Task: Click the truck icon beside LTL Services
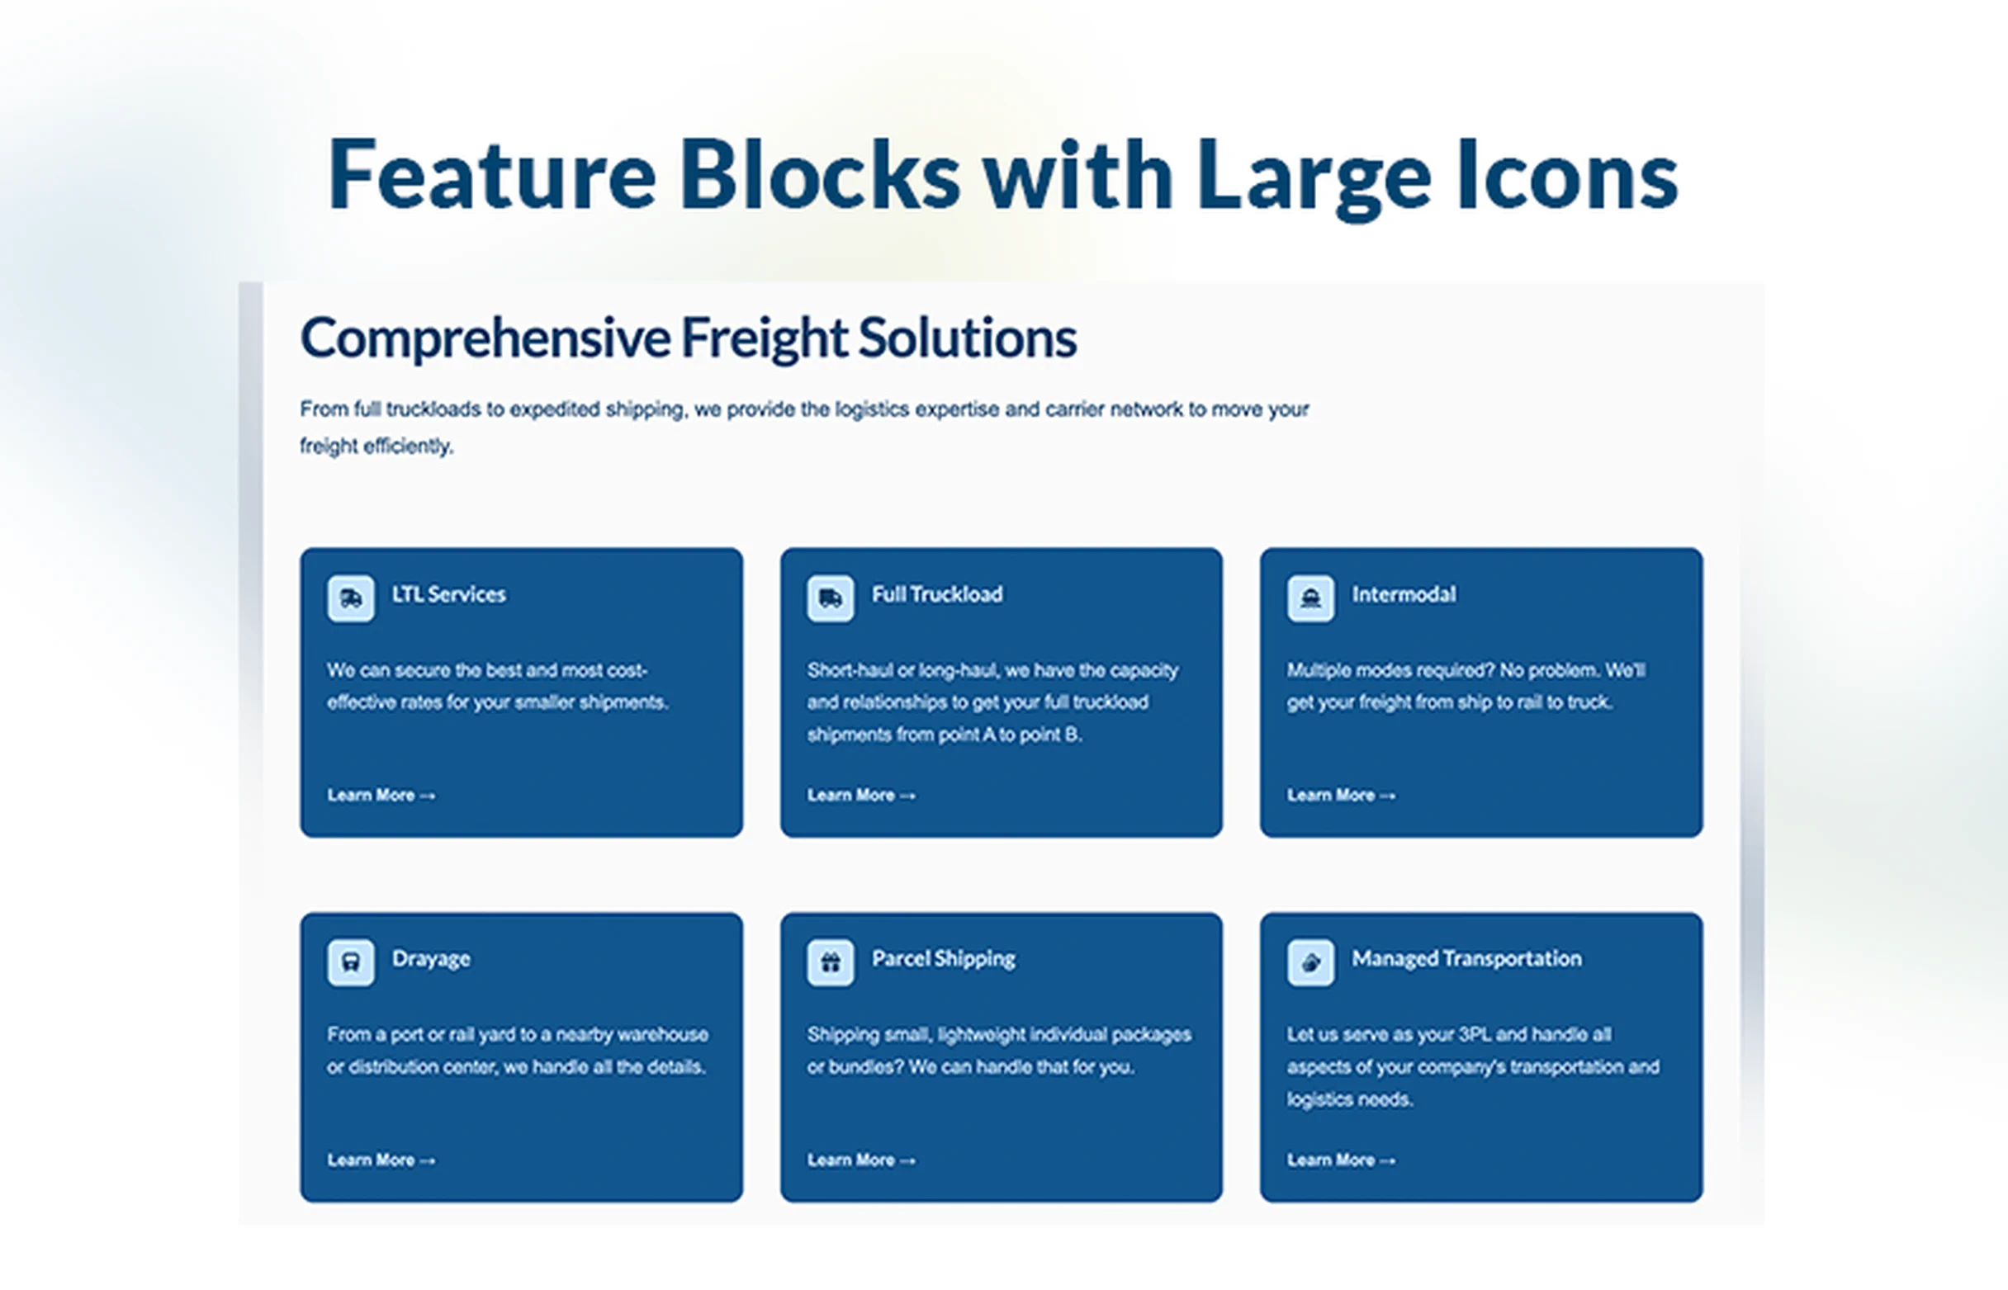(x=350, y=598)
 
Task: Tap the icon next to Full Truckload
(x=830, y=598)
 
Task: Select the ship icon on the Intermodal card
(x=1309, y=598)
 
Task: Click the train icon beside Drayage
(x=350, y=962)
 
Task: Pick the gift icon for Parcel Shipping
(x=830, y=962)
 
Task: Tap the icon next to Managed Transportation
(x=1309, y=962)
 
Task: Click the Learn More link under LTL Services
(x=381, y=795)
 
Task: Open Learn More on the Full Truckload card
(x=860, y=795)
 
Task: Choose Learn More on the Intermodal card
(x=1340, y=795)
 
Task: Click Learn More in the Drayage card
(x=381, y=1160)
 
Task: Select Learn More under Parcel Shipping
(x=860, y=1160)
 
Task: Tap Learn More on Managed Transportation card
(x=1340, y=1160)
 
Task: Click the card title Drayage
(x=431, y=959)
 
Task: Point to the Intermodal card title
(x=1403, y=595)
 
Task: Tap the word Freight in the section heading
(x=764, y=338)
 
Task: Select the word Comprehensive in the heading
(x=485, y=338)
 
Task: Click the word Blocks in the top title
(x=819, y=176)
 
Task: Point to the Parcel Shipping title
(x=943, y=959)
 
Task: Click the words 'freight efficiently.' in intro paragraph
(x=376, y=447)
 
